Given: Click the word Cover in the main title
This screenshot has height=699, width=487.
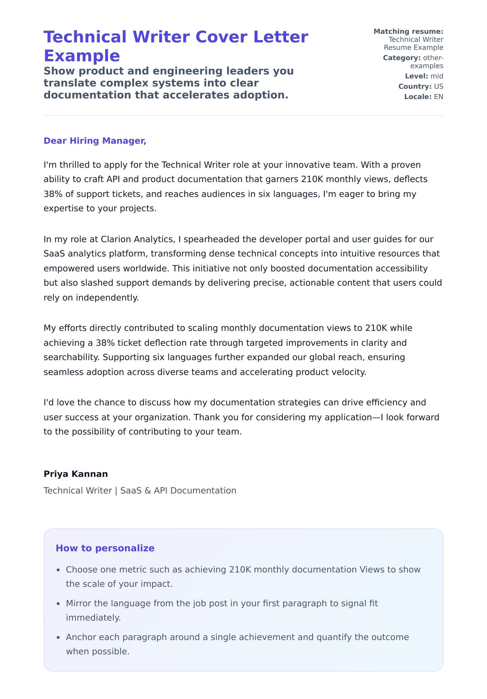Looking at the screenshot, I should (x=220, y=37).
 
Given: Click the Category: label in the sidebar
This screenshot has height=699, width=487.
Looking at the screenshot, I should (x=402, y=58).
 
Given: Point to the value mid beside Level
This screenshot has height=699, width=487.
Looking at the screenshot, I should (x=437, y=76).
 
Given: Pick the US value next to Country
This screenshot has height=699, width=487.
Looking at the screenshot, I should (x=439, y=86).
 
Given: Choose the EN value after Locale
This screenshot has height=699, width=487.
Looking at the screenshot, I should (x=439, y=97).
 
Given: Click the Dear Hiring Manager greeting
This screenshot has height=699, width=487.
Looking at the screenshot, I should (x=95, y=141).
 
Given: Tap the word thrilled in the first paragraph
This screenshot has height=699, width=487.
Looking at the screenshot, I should (x=74, y=165).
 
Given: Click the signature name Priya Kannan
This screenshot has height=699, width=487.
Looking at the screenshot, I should (x=76, y=474).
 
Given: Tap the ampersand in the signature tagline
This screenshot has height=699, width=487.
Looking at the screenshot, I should (x=148, y=490).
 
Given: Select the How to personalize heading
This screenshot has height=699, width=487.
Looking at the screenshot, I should (x=105, y=548).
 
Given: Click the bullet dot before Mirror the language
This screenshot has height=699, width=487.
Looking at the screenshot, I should (x=58, y=604).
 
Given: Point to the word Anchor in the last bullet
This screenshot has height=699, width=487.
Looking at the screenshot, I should (x=81, y=637).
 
